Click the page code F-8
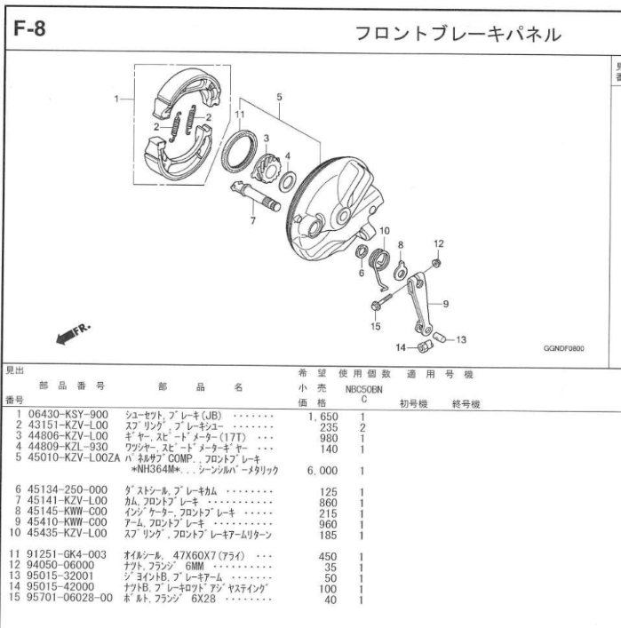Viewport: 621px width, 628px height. tap(29, 28)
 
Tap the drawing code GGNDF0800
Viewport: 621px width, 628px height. tap(564, 348)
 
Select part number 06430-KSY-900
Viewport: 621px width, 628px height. tap(68, 415)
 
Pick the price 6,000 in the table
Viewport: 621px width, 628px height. tap(322, 471)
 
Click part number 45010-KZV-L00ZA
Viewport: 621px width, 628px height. tap(74, 457)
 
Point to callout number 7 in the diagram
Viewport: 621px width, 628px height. tap(253, 220)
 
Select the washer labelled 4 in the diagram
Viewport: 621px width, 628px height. tap(287, 181)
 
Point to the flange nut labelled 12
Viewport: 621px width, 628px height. tap(437, 263)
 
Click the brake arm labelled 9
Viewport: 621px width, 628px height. tap(418, 302)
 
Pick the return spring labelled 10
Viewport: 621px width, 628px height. tap(378, 265)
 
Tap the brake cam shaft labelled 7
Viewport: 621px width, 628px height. tap(255, 196)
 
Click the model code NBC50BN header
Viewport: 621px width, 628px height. tap(363, 390)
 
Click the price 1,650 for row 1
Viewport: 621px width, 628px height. tap(322, 417)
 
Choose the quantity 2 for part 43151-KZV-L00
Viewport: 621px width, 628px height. tap(362, 428)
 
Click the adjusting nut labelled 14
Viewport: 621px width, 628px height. tap(425, 346)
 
